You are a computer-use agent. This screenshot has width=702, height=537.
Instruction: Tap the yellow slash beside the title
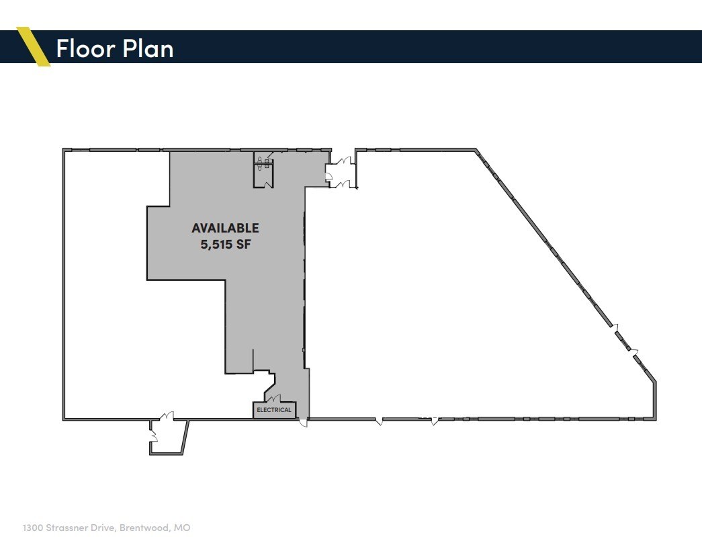click(34, 46)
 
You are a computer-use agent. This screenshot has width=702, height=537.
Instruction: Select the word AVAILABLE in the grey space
click(225, 229)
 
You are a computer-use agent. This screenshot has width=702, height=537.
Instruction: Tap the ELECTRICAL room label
click(274, 410)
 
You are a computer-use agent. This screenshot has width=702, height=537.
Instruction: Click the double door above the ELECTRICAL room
click(275, 399)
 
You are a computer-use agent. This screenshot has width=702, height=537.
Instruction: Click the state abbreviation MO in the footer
click(182, 528)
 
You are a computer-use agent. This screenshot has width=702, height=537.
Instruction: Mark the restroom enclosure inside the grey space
click(263, 170)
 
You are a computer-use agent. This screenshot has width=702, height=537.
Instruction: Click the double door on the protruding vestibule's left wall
click(154, 437)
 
